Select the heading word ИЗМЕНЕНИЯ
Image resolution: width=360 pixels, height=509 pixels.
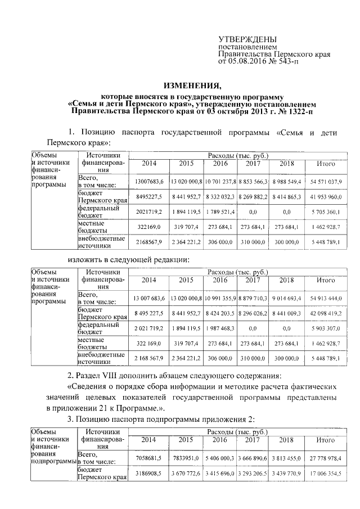[x=191, y=86]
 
